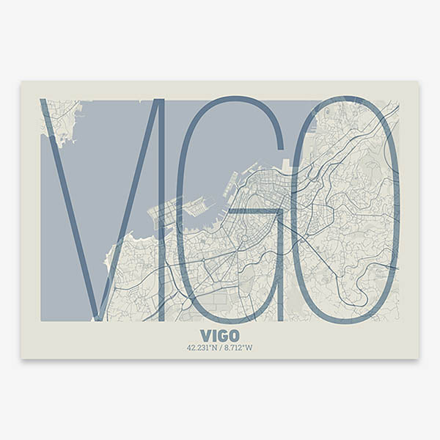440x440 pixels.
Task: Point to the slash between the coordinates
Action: [x=220, y=348]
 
